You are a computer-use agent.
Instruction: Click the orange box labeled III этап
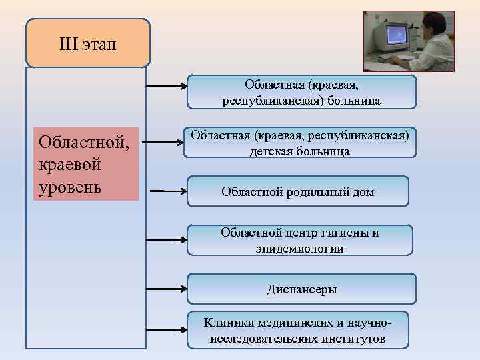click(x=87, y=43)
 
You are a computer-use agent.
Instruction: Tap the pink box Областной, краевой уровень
click(x=86, y=164)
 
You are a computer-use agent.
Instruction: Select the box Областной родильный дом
click(x=297, y=191)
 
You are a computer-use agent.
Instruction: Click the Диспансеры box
click(x=301, y=289)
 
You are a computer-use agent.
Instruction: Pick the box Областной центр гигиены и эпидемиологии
click(x=299, y=240)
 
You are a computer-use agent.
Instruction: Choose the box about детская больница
click(x=299, y=143)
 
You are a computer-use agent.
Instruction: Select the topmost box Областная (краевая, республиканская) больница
click(x=301, y=92)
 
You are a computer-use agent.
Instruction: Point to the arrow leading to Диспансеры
click(x=167, y=289)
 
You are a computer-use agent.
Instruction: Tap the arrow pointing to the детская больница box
click(x=163, y=142)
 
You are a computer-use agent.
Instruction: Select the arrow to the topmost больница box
click(x=167, y=86)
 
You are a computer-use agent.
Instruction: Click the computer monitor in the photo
click(x=392, y=37)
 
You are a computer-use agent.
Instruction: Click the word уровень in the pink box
click(x=70, y=185)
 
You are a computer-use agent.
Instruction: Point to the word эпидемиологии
click(x=299, y=248)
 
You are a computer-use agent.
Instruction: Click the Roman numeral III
click(x=69, y=44)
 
